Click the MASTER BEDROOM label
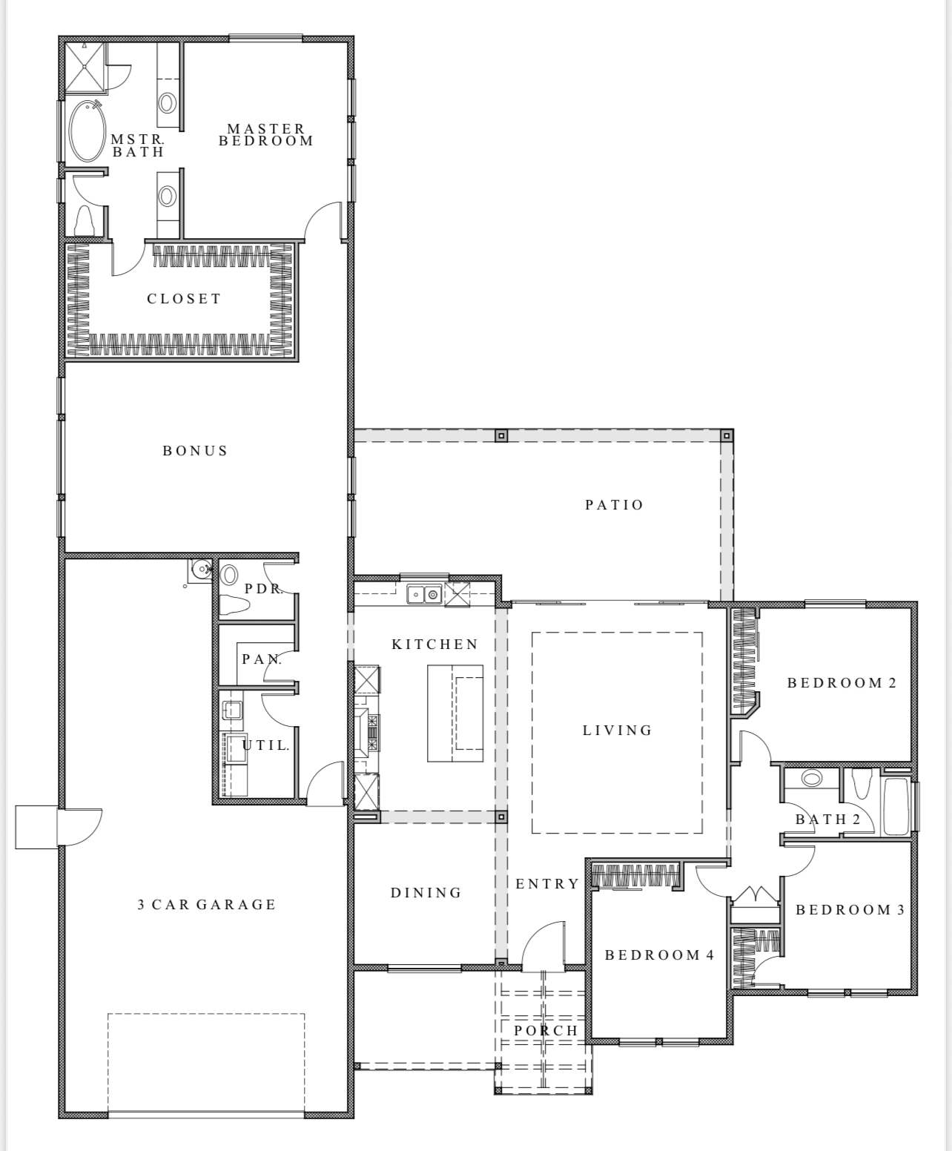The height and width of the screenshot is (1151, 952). tap(266, 135)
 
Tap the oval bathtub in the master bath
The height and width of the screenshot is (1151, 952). tap(87, 131)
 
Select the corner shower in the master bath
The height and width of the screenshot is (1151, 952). tap(85, 67)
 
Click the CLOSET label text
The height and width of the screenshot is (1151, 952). tap(184, 299)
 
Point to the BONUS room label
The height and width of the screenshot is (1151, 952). tap(195, 451)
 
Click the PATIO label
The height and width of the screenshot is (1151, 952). tap(614, 505)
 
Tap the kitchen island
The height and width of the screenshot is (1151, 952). tap(455, 713)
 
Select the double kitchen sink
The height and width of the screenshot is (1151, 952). tap(424, 594)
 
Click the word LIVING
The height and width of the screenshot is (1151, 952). tap(618, 730)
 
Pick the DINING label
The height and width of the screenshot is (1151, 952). tap(426, 892)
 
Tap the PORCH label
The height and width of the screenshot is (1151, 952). tap(546, 1030)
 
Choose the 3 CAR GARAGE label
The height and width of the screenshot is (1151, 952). tap(207, 905)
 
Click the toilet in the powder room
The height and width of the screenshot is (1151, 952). tap(235, 605)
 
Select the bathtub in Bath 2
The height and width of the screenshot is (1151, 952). tap(896, 806)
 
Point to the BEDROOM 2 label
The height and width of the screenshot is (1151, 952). tap(842, 683)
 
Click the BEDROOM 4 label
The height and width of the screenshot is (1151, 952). tap(659, 954)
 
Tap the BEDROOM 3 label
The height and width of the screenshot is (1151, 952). tap(850, 909)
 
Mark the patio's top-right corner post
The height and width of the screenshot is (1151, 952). tap(727, 435)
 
